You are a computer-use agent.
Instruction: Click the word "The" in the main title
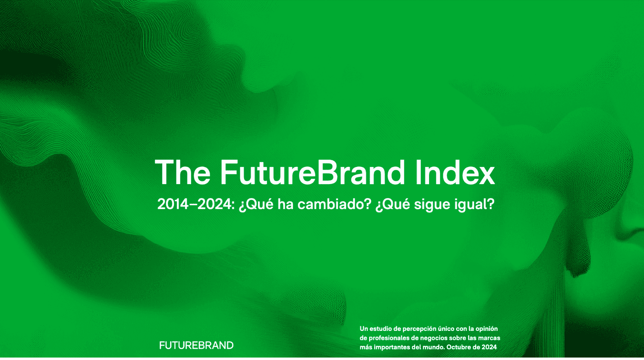click(x=183, y=172)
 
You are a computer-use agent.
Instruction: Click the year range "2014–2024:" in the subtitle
click(x=196, y=204)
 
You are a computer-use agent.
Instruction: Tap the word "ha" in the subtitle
click(x=285, y=204)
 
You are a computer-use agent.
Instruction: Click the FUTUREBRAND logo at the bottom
click(x=196, y=345)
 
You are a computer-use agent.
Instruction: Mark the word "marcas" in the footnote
click(x=491, y=338)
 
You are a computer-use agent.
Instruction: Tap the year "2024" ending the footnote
click(x=489, y=347)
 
